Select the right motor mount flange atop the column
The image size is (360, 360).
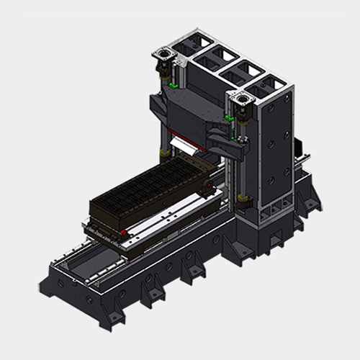(242, 95)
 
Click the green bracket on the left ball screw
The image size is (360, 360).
(172, 85)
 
